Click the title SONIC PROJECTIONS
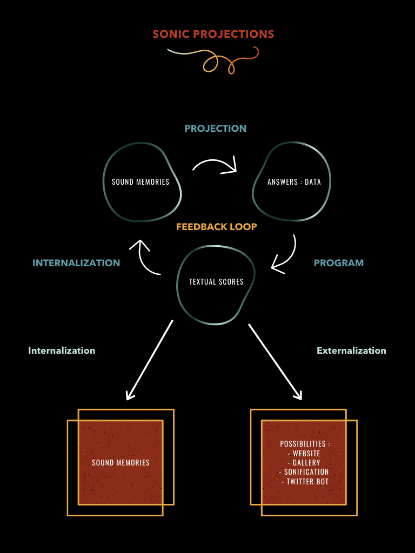pyautogui.click(x=213, y=34)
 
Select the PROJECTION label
pyautogui.click(x=215, y=129)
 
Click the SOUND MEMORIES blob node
pyautogui.click(x=140, y=182)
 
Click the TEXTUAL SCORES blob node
pyautogui.click(x=216, y=282)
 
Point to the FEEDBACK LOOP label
pyautogui.click(x=216, y=227)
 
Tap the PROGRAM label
pyautogui.click(x=339, y=263)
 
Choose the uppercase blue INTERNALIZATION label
pyautogui.click(x=76, y=263)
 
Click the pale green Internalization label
pyautogui.click(x=62, y=350)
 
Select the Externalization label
pyautogui.click(x=351, y=350)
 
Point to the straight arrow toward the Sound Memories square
pyautogui.click(x=149, y=360)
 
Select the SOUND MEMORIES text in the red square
pyautogui.click(x=121, y=463)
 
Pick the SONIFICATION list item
pyautogui.click(x=306, y=472)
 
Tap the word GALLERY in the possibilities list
pyautogui.click(x=306, y=463)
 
